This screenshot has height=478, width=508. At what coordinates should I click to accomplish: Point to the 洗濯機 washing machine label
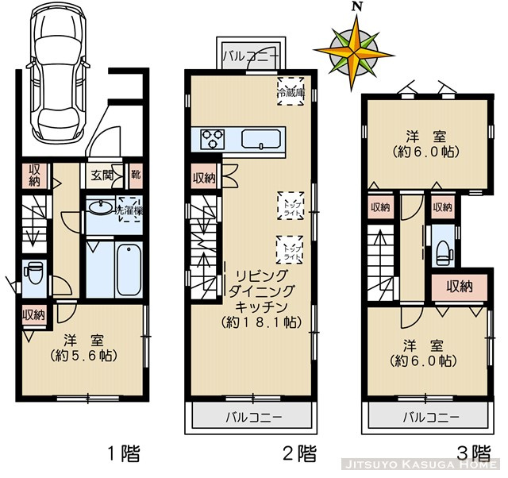[129, 210]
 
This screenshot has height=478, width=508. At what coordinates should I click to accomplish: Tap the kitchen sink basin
[262, 140]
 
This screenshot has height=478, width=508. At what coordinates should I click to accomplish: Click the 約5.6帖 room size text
[83, 357]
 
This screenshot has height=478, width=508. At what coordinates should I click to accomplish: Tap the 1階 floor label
[125, 454]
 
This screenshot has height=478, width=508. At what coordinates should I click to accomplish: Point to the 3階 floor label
[473, 454]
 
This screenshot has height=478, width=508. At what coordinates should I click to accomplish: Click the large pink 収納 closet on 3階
[460, 286]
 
